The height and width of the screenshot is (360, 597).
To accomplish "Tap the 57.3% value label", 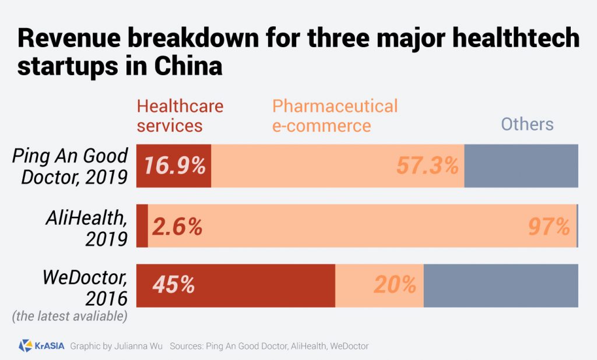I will [427, 166].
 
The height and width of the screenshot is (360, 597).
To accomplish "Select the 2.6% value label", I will [177, 227].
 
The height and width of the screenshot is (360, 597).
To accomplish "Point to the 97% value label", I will [549, 227].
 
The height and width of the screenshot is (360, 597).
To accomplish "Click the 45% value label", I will [173, 285].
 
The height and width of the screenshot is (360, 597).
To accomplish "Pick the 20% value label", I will [395, 285].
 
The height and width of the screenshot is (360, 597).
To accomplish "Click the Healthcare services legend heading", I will [180, 115].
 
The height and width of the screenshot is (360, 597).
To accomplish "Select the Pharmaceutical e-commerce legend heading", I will [335, 115].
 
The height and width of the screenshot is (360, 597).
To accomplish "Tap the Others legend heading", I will [527, 124].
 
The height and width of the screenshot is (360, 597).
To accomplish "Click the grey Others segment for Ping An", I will [521, 166].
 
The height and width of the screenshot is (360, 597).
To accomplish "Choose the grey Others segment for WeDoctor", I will [500, 285].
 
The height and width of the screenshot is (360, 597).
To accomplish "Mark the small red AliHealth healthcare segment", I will [142, 226].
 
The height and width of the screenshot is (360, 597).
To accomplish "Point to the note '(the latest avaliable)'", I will [69, 317].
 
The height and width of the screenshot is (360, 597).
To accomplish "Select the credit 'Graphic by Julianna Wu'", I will [117, 346].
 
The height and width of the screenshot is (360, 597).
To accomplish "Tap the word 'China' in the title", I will [189, 66].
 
